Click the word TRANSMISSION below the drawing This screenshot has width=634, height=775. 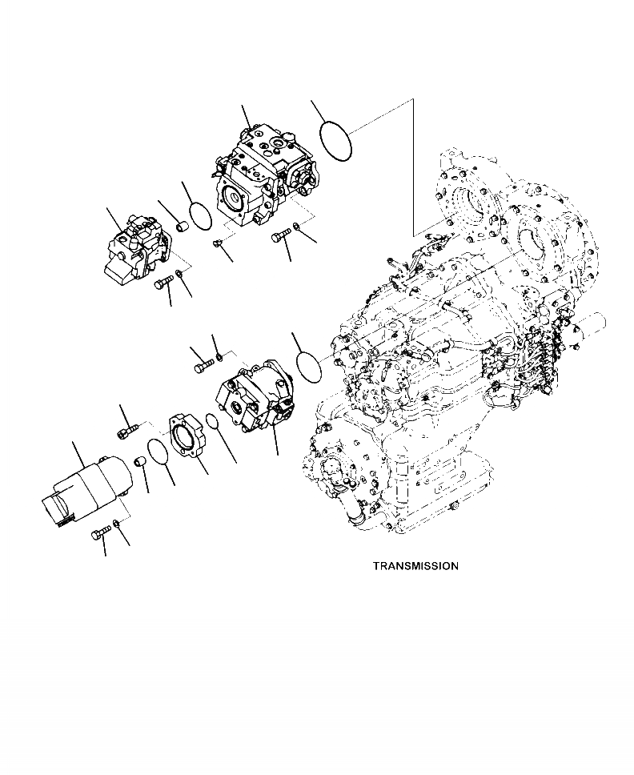[x=415, y=566]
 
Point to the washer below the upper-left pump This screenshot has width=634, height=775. [x=180, y=275]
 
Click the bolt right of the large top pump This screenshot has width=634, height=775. [x=280, y=235]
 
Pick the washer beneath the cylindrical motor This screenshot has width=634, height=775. [x=118, y=524]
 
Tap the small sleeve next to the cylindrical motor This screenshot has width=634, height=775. [x=139, y=463]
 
